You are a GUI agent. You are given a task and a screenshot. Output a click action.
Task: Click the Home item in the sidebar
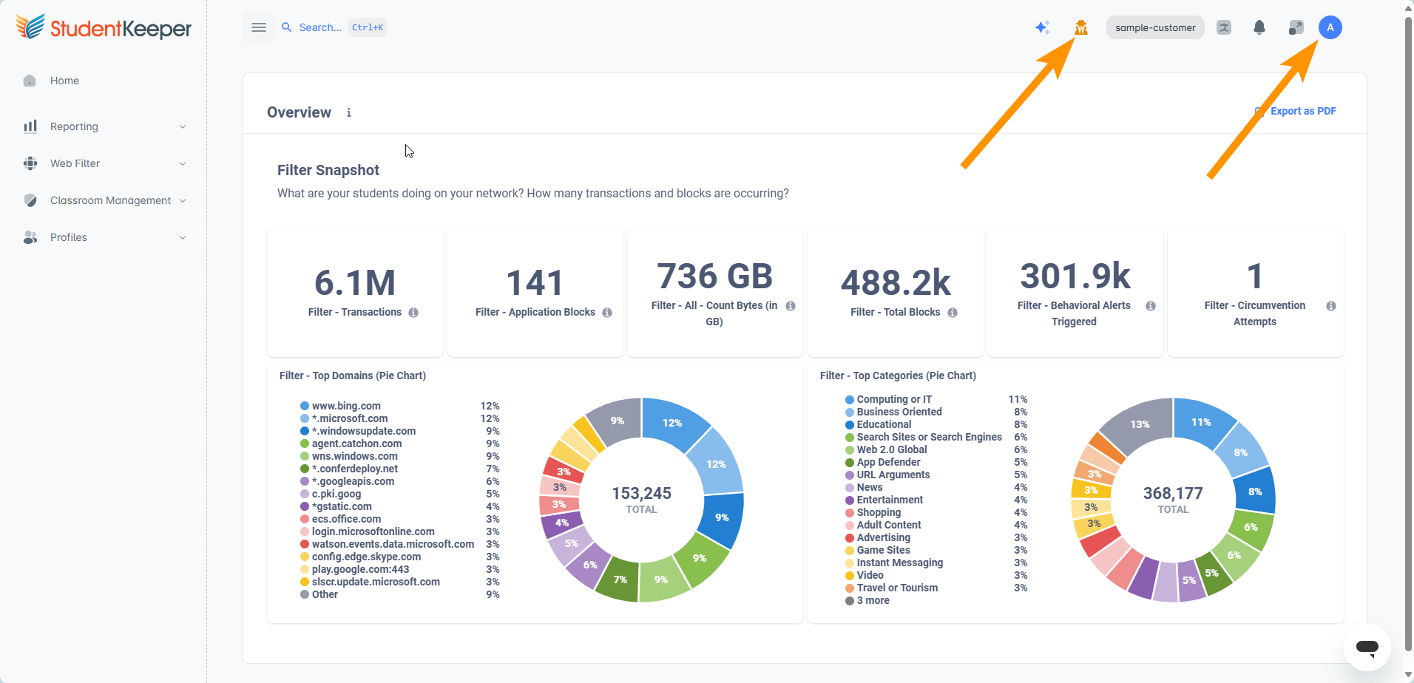64,81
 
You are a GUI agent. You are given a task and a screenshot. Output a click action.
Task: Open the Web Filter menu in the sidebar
75,163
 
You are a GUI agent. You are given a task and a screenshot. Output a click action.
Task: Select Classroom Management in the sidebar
110,200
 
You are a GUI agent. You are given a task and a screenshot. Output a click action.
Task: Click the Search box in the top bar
334,27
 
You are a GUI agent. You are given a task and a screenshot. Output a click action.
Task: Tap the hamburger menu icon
259,27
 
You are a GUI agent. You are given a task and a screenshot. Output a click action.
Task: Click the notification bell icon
1259,27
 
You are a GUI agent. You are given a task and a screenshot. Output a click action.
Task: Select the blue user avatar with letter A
1330,27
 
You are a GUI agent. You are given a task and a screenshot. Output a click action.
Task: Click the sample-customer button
1155,27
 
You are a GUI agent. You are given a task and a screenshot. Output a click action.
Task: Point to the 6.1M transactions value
355,282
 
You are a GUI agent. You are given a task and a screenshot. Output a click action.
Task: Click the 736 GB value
715,276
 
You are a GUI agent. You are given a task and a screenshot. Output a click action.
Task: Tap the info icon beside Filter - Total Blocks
953,313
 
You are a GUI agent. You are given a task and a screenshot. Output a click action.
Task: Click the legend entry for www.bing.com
345,406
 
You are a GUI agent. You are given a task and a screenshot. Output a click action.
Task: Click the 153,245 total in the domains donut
641,493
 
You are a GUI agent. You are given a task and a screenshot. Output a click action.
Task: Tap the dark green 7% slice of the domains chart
618,578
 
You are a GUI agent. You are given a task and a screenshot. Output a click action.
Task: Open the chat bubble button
1367,648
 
